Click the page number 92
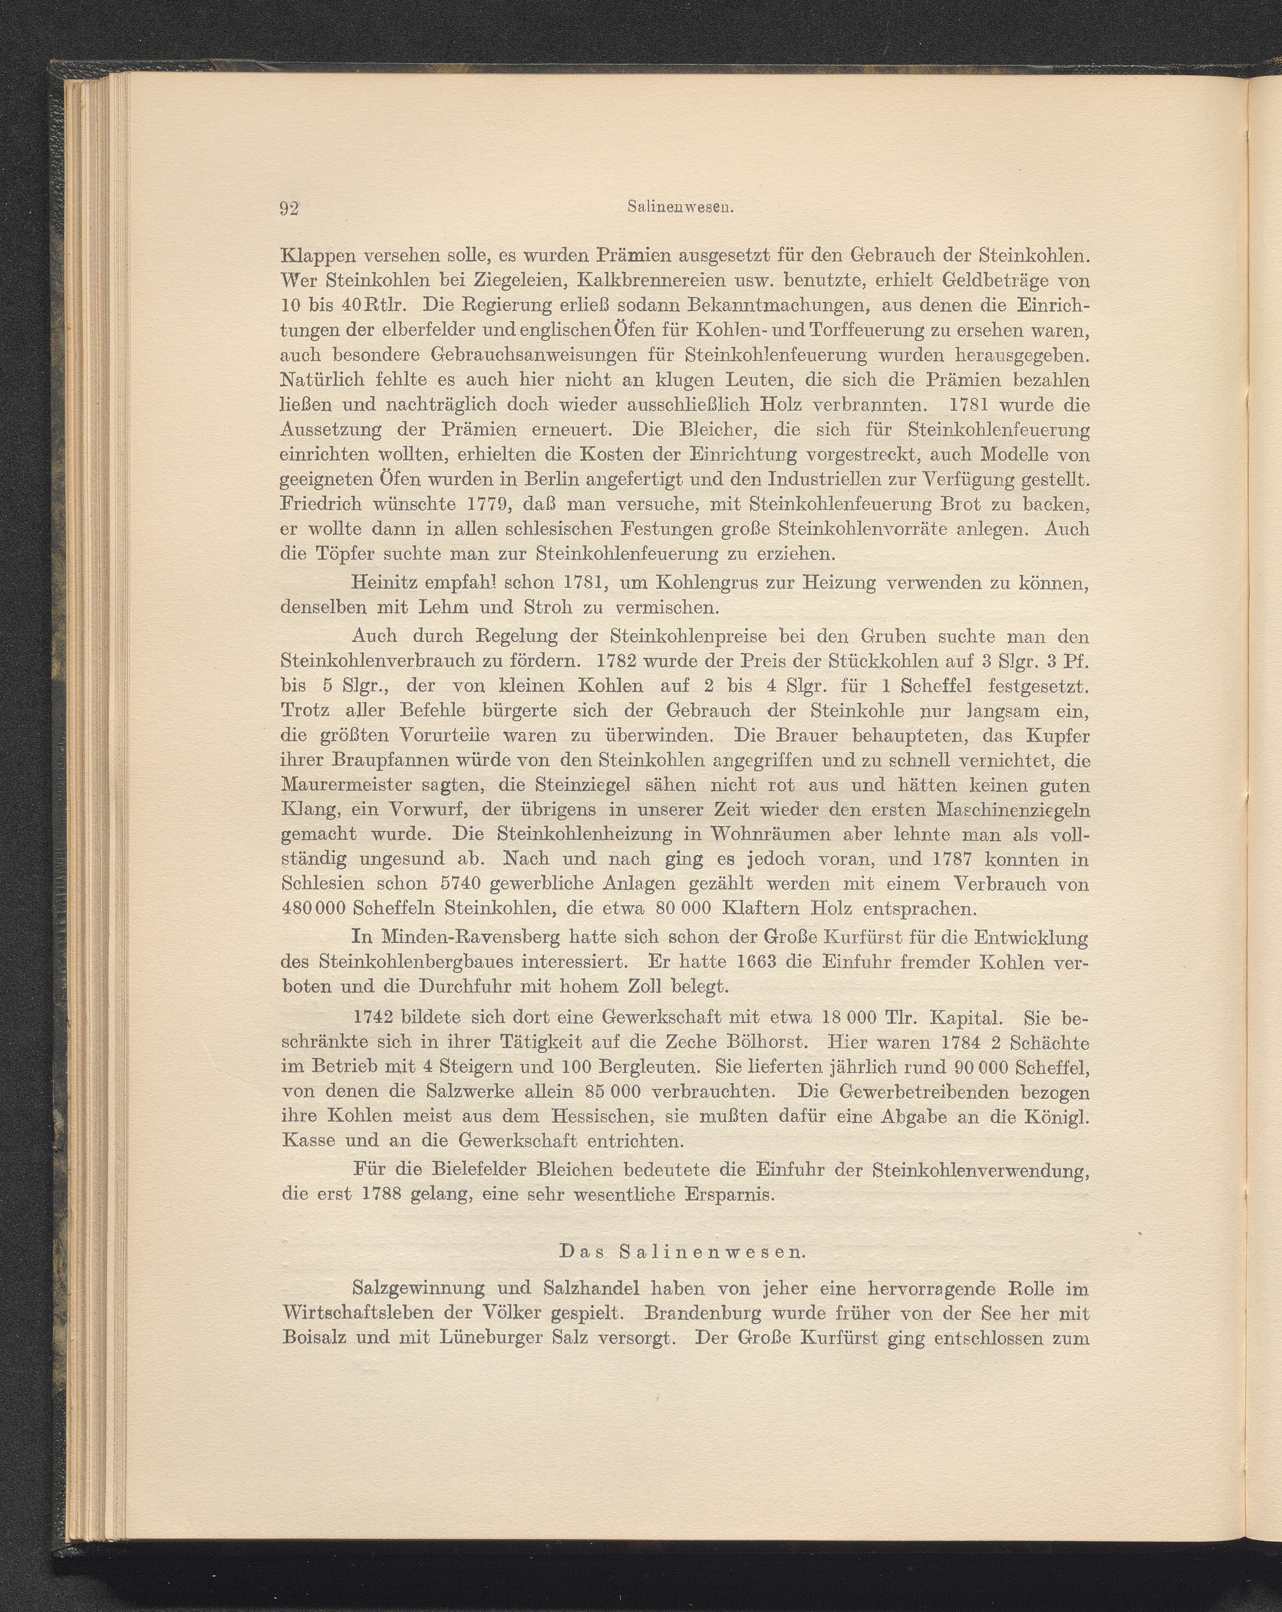[x=289, y=209]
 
